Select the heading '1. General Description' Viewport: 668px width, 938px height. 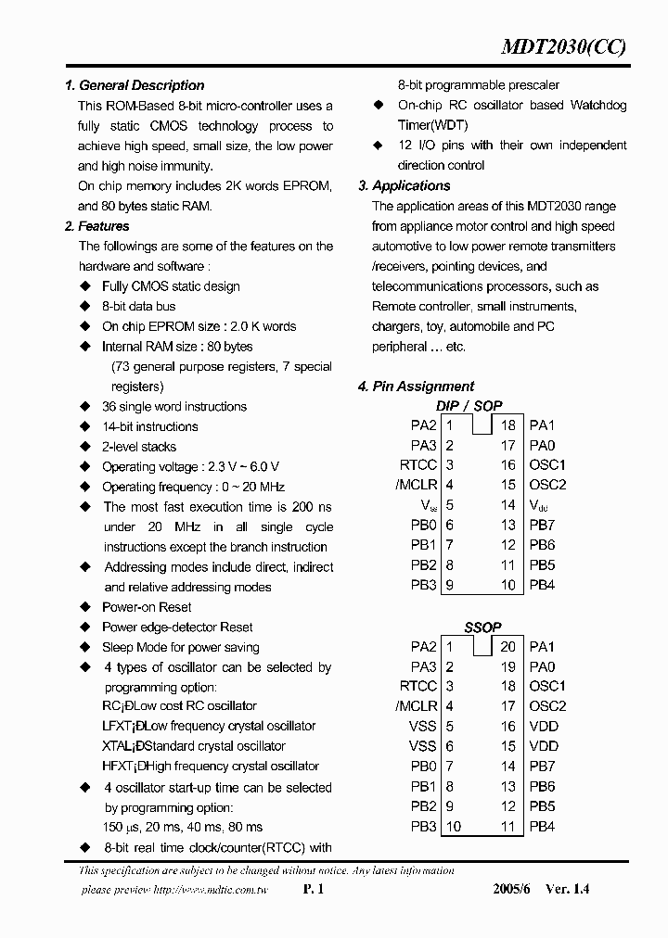point(135,85)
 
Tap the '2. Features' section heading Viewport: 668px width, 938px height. point(97,226)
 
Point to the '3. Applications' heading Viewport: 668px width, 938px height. point(404,185)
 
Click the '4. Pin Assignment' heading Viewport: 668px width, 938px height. point(416,387)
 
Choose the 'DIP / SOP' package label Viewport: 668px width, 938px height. point(469,406)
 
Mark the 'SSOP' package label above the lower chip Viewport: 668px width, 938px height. point(482,627)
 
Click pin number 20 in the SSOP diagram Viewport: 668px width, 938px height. point(507,647)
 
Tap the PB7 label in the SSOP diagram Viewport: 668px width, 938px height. point(542,767)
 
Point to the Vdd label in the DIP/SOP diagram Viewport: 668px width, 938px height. point(538,505)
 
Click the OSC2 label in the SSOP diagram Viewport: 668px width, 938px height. point(546,706)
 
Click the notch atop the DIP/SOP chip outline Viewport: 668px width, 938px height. point(482,425)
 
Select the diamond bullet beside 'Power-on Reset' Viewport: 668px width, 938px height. point(85,607)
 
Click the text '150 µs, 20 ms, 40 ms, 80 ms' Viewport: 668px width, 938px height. point(183,827)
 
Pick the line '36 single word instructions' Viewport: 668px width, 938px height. point(174,406)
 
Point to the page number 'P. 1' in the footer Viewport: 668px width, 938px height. point(313,889)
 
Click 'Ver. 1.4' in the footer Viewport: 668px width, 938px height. point(567,889)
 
